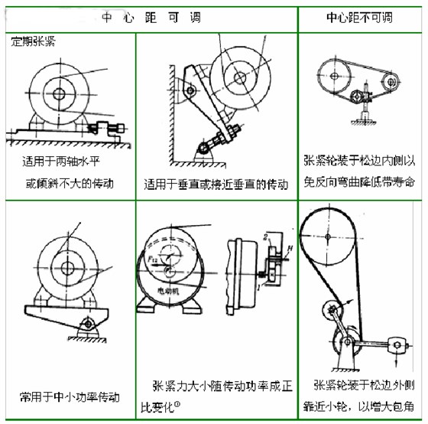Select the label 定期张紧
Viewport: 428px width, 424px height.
click(34, 38)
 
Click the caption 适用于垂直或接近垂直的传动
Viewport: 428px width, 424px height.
click(216, 184)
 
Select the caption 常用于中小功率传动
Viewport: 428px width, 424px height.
click(70, 397)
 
